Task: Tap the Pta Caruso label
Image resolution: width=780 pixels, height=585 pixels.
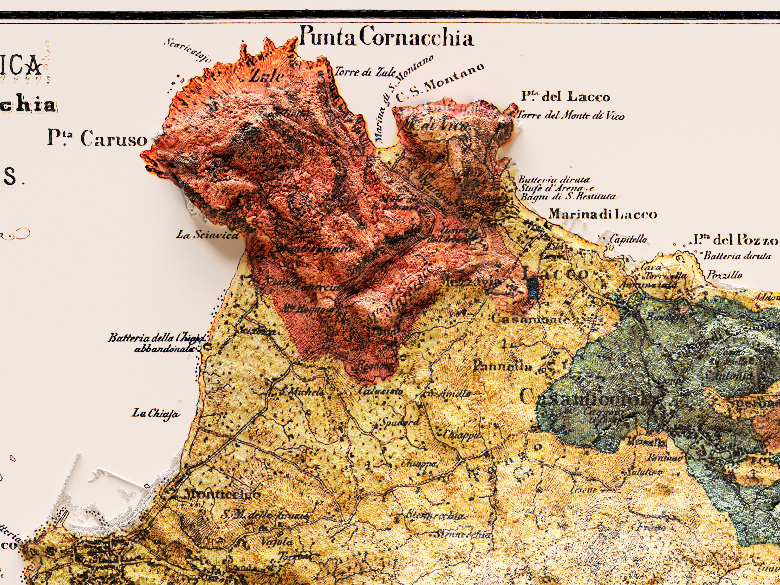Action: [97, 138]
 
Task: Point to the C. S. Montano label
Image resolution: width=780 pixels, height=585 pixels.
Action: [439, 83]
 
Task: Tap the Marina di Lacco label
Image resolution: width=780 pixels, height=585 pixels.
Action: [603, 214]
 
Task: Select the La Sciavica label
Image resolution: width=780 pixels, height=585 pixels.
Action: [207, 235]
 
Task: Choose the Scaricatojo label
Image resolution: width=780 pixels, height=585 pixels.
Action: [187, 50]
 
